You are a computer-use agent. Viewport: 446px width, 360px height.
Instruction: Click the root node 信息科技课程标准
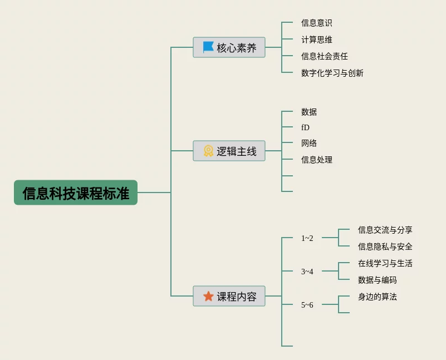pyautogui.click(x=76, y=193)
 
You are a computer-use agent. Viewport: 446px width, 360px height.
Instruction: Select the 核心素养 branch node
pyautogui.click(x=229, y=47)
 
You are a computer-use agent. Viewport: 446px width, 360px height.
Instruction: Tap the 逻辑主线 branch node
pyautogui.click(x=229, y=151)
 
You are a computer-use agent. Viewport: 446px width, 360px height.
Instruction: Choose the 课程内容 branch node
pyautogui.click(x=229, y=296)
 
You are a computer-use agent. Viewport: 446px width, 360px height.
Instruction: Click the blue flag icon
pyautogui.click(x=208, y=47)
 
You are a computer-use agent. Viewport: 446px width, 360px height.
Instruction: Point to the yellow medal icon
pyautogui.click(x=208, y=151)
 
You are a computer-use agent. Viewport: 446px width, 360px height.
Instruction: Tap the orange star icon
pyautogui.click(x=208, y=296)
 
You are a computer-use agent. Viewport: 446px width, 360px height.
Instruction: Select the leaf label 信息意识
pyautogui.click(x=316, y=23)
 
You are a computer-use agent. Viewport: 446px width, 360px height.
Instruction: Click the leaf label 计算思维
pyautogui.click(x=316, y=40)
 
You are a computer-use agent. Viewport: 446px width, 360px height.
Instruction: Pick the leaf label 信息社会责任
pyautogui.click(x=324, y=56)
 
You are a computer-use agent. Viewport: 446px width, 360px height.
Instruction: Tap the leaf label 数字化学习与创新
pyautogui.click(x=332, y=73)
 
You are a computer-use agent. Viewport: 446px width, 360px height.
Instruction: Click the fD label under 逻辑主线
pyautogui.click(x=305, y=127)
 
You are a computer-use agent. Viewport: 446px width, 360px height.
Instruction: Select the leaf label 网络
pyautogui.click(x=308, y=143)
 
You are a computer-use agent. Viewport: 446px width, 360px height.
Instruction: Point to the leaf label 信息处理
pyautogui.click(x=316, y=160)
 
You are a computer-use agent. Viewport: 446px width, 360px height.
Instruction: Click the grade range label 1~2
pyautogui.click(x=307, y=238)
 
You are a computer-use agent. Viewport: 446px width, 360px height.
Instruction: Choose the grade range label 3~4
pyautogui.click(x=307, y=272)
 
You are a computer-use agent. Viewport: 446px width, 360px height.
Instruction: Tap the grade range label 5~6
pyautogui.click(x=307, y=305)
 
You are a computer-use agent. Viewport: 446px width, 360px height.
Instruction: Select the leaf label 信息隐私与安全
pyautogui.click(x=385, y=246)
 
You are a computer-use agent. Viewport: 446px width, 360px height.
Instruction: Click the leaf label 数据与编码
pyautogui.click(x=377, y=280)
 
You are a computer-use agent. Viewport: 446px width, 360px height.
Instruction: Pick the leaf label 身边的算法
pyautogui.click(x=377, y=297)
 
